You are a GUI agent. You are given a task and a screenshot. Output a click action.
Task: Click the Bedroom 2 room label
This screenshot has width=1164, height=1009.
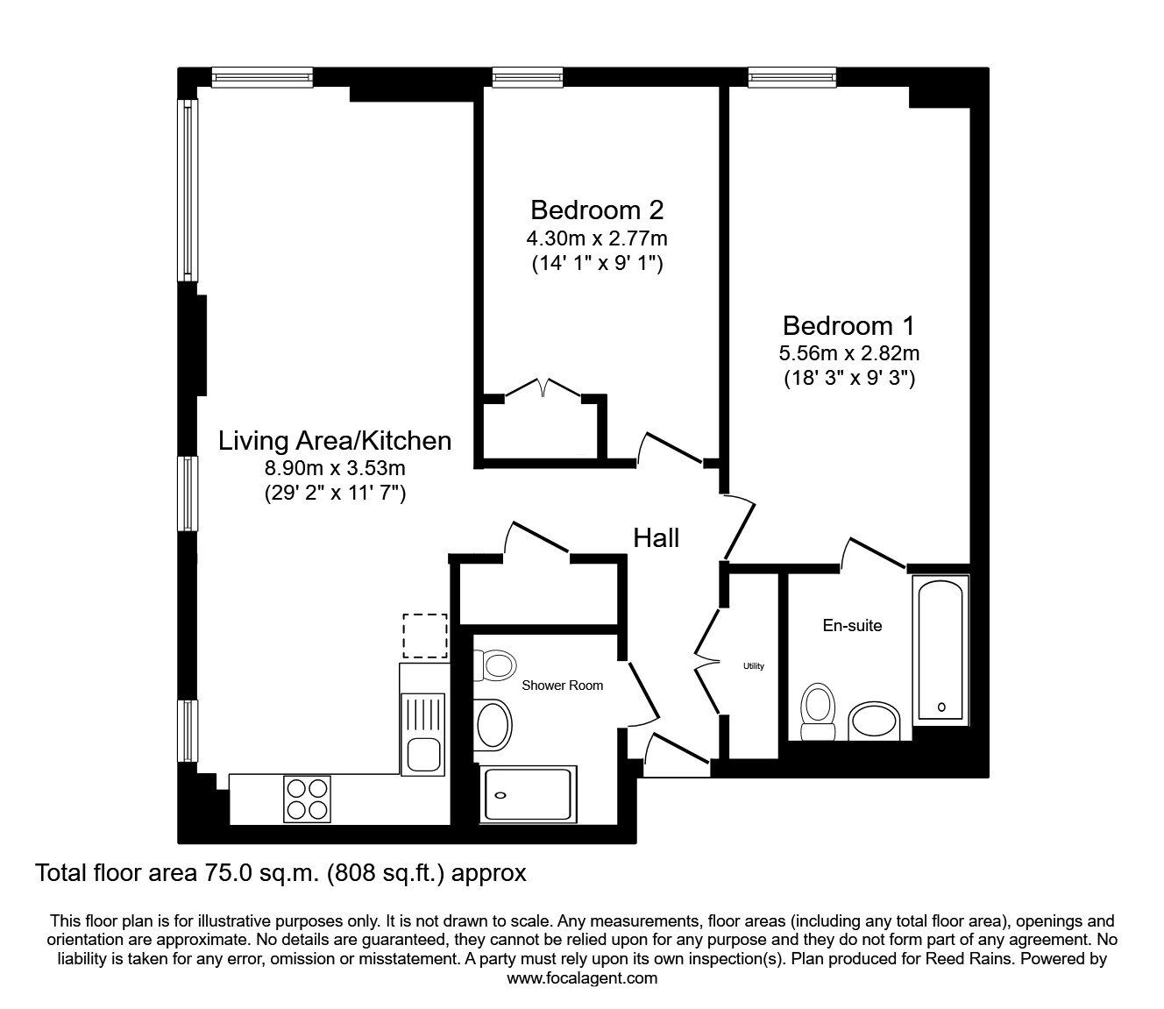point(597,210)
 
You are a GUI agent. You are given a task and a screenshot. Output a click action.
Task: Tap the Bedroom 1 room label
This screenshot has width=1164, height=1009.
point(848,326)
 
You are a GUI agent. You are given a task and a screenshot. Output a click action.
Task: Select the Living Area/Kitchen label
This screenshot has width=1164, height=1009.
point(335,440)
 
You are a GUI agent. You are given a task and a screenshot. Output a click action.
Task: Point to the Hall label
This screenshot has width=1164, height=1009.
point(656,537)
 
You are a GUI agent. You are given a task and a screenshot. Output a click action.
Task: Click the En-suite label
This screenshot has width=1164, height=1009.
point(851,626)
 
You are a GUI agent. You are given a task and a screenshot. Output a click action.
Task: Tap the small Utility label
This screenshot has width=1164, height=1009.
point(754,666)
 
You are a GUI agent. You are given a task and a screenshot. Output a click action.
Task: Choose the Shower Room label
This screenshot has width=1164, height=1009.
point(562,686)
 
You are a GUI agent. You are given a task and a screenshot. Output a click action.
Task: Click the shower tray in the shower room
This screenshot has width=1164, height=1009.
point(526,794)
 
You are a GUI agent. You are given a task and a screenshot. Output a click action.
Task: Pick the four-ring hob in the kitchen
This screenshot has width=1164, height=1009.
point(308,799)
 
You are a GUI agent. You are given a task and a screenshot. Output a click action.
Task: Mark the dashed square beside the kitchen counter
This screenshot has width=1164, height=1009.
point(425,636)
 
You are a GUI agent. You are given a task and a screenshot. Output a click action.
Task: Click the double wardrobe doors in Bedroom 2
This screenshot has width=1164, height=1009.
point(543,388)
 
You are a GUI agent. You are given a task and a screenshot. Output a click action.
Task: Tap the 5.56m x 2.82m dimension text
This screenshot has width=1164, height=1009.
point(848,354)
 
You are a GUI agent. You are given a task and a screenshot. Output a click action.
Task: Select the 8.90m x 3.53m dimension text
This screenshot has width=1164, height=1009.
point(335,469)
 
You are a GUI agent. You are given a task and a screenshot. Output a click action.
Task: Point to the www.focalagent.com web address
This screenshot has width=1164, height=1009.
point(582,978)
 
